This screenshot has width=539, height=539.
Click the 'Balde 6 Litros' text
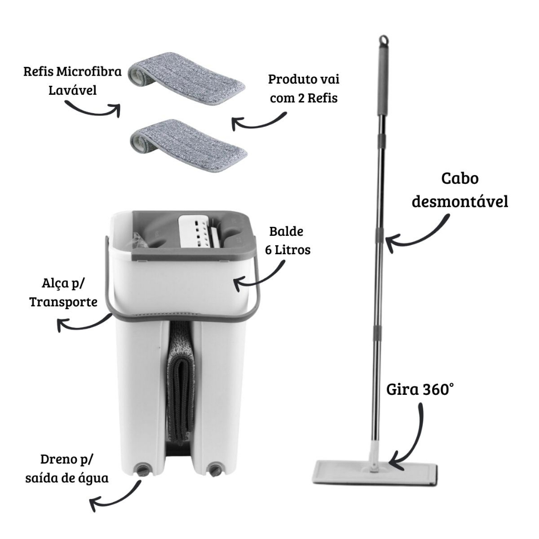coord(290,241)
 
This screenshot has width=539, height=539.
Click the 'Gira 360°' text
coord(419,390)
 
